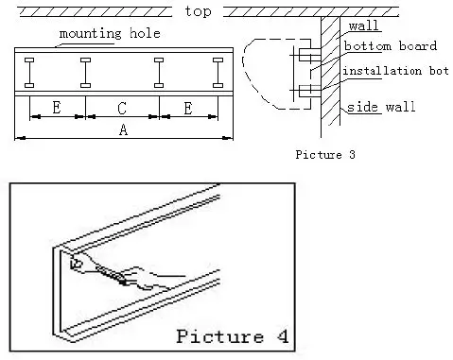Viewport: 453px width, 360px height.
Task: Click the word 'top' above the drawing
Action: click(x=199, y=11)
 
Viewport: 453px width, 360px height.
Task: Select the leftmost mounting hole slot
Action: click(x=31, y=73)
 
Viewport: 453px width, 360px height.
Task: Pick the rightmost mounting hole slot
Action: click(x=218, y=73)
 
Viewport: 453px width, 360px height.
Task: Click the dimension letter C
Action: click(x=123, y=108)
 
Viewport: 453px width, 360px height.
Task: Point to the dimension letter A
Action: click(x=123, y=130)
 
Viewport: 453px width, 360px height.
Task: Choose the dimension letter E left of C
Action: click(x=57, y=108)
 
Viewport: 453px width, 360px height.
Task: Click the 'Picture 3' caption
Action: click(x=326, y=154)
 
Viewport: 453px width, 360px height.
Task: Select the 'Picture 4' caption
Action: click(x=233, y=335)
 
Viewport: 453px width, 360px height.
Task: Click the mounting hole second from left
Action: click(x=86, y=73)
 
